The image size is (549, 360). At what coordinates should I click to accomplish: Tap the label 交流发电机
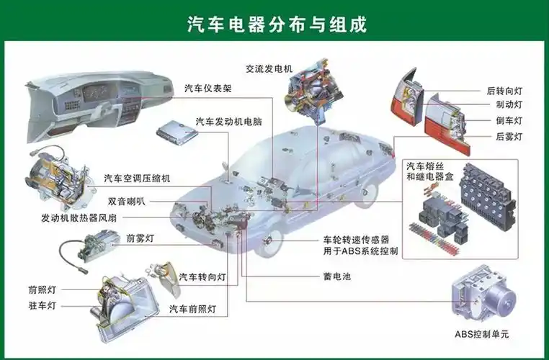click(269, 69)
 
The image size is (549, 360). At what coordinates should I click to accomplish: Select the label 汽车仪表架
click(208, 89)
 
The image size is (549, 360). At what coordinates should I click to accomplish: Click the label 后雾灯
click(509, 136)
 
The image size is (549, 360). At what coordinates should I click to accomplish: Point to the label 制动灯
click(509, 105)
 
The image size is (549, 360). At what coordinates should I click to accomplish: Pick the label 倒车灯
click(509, 120)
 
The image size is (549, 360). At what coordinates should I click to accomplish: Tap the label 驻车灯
click(42, 305)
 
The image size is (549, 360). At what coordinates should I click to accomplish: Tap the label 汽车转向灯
click(202, 277)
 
